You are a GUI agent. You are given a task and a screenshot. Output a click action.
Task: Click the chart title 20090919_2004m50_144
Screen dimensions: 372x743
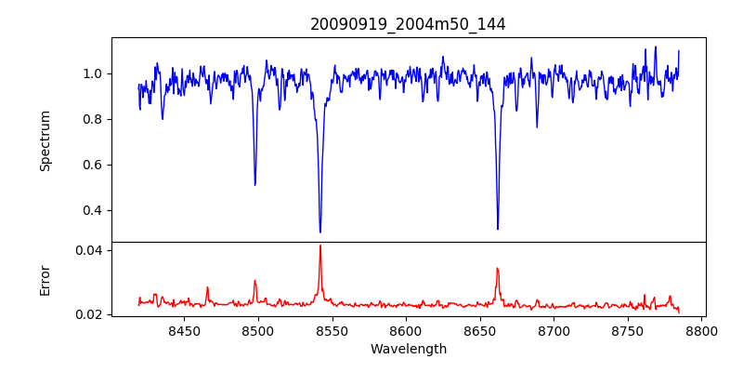tap(408, 24)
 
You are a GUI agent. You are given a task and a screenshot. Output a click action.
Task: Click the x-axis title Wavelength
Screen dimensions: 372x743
tap(408, 349)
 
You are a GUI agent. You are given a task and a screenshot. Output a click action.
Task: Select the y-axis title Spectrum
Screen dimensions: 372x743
tap(45, 140)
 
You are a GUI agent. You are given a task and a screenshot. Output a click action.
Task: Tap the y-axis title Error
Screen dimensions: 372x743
tap(45, 280)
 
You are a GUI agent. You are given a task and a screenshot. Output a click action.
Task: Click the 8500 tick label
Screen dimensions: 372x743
tap(258, 330)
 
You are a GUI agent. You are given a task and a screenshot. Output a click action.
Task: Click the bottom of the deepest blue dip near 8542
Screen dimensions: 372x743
tap(320, 232)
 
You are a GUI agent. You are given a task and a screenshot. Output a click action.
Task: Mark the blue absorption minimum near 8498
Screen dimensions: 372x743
tap(254, 184)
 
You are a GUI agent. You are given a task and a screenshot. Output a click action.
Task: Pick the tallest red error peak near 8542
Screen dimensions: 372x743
tap(320, 246)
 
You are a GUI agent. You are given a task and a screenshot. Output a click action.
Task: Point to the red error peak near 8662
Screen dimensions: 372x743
tap(497, 269)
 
